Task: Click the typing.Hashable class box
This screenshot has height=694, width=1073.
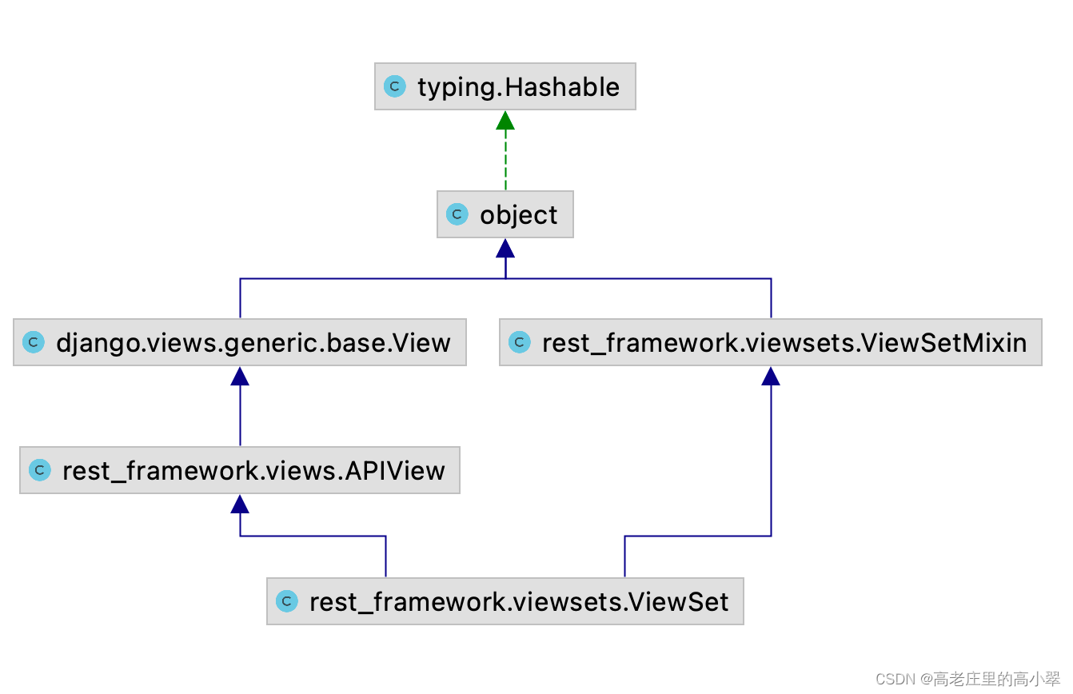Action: [505, 86]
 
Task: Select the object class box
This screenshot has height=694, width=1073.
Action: [505, 214]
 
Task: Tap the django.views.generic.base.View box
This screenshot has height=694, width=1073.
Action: [240, 343]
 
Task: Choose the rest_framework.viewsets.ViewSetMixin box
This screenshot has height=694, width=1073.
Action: [771, 343]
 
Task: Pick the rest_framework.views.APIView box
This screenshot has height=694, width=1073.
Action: [240, 470]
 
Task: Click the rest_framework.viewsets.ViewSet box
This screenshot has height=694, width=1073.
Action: [505, 601]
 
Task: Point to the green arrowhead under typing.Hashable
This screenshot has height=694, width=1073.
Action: [505, 121]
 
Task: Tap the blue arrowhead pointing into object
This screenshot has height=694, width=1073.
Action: [505, 249]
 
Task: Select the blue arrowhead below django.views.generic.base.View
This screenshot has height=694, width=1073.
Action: [240, 377]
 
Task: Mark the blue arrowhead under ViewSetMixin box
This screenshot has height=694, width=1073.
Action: [771, 377]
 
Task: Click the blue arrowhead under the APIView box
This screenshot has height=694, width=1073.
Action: [240, 504]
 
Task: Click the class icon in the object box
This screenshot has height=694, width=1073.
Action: [457, 214]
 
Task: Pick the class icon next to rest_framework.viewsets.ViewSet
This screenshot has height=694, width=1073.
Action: [287, 601]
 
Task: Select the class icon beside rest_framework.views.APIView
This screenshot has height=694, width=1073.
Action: [40, 470]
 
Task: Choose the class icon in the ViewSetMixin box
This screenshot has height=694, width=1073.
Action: [520, 343]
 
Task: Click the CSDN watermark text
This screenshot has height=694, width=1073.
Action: [967, 679]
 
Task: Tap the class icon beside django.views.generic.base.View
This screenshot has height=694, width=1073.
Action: [34, 343]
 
